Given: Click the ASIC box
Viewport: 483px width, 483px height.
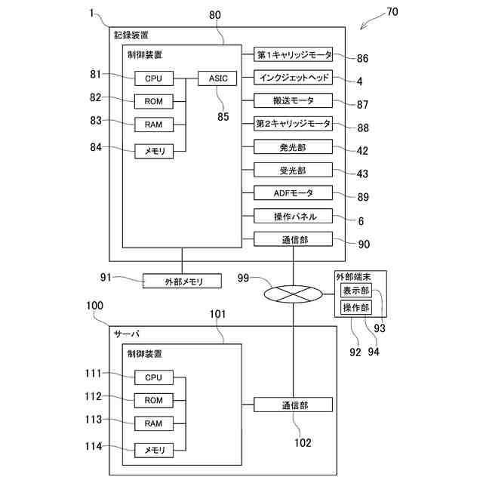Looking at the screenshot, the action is (x=217, y=78).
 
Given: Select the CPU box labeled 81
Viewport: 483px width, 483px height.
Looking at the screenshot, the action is (x=154, y=78).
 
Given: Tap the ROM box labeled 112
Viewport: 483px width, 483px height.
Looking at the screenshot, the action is (x=154, y=400).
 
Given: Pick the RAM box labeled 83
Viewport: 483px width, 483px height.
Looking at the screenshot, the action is (x=154, y=125).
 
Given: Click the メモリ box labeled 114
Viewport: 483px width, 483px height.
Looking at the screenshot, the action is (x=154, y=451).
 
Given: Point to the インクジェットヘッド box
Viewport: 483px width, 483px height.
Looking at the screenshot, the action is (x=294, y=77).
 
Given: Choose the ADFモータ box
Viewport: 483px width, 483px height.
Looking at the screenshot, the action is (x=294, y=193).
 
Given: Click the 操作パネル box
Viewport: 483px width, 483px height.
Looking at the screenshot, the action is (x=294, y=216).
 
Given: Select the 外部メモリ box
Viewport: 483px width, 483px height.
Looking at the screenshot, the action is (x=182, y=281).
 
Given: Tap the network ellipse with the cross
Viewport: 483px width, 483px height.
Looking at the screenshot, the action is (x=293, y=294).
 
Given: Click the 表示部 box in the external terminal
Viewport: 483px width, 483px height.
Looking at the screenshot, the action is (x=356, y=290).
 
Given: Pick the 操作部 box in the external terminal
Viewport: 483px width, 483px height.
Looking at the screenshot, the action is (x=356, y=307).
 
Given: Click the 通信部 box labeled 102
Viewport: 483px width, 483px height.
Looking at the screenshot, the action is (x=294, y=405).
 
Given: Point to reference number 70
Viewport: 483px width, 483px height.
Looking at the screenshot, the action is (x=392, y=12).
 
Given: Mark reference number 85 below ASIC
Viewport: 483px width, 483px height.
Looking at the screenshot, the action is (x=223, y=116).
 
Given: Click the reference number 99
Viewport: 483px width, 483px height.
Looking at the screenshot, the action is (x=243, y=278).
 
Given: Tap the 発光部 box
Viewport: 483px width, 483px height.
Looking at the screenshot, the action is (x=294, y=147).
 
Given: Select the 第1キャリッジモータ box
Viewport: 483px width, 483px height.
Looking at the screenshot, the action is (x=294, y=54).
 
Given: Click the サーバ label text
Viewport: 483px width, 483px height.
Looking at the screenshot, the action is (x=127, y=334).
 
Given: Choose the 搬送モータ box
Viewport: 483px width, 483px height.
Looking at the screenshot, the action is (x=294, y=100).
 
